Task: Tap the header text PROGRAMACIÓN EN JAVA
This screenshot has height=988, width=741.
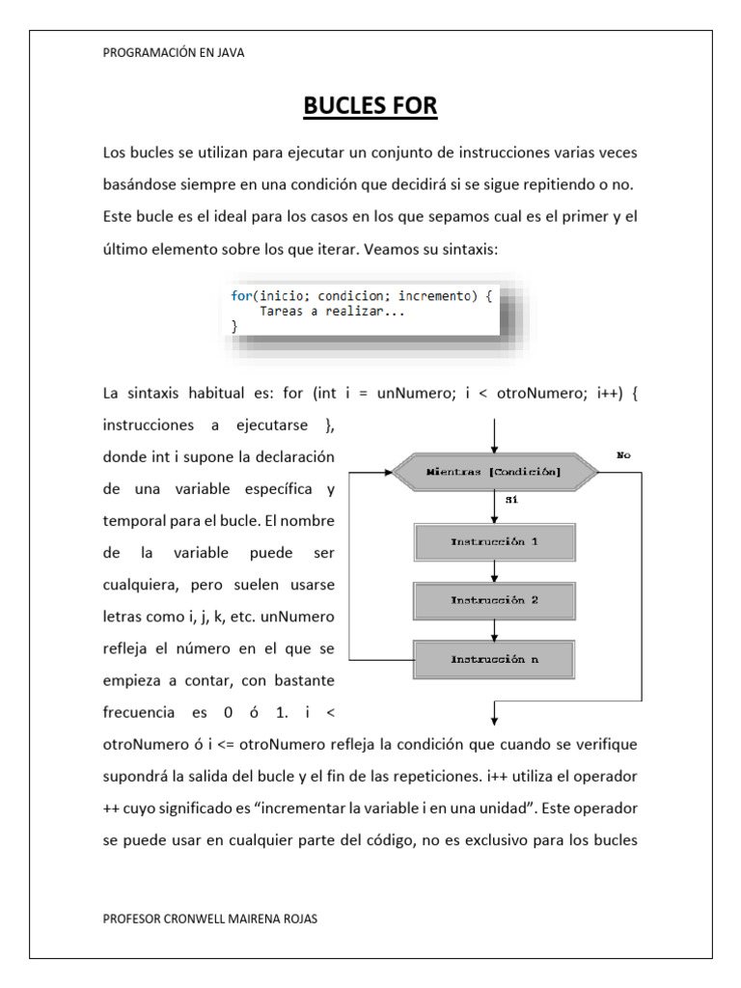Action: [174, 54]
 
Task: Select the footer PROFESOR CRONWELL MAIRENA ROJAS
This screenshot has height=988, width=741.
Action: [209, 919]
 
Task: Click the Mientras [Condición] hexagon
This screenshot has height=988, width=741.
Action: [493, 472]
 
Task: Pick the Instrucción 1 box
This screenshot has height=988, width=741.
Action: [493, 542]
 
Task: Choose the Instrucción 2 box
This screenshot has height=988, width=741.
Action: [493, 600]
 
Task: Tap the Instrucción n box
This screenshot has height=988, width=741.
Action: [493, 660]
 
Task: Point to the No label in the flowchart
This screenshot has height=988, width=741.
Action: [622, 454]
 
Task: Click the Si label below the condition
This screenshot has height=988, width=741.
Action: [512, 501]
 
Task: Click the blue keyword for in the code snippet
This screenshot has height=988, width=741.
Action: [240, 296]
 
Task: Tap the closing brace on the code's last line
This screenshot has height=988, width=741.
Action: [234, 327]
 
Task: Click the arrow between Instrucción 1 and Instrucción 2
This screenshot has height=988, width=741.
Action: [493, 571]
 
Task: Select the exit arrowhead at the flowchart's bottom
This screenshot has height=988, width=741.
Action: [494, 717]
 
